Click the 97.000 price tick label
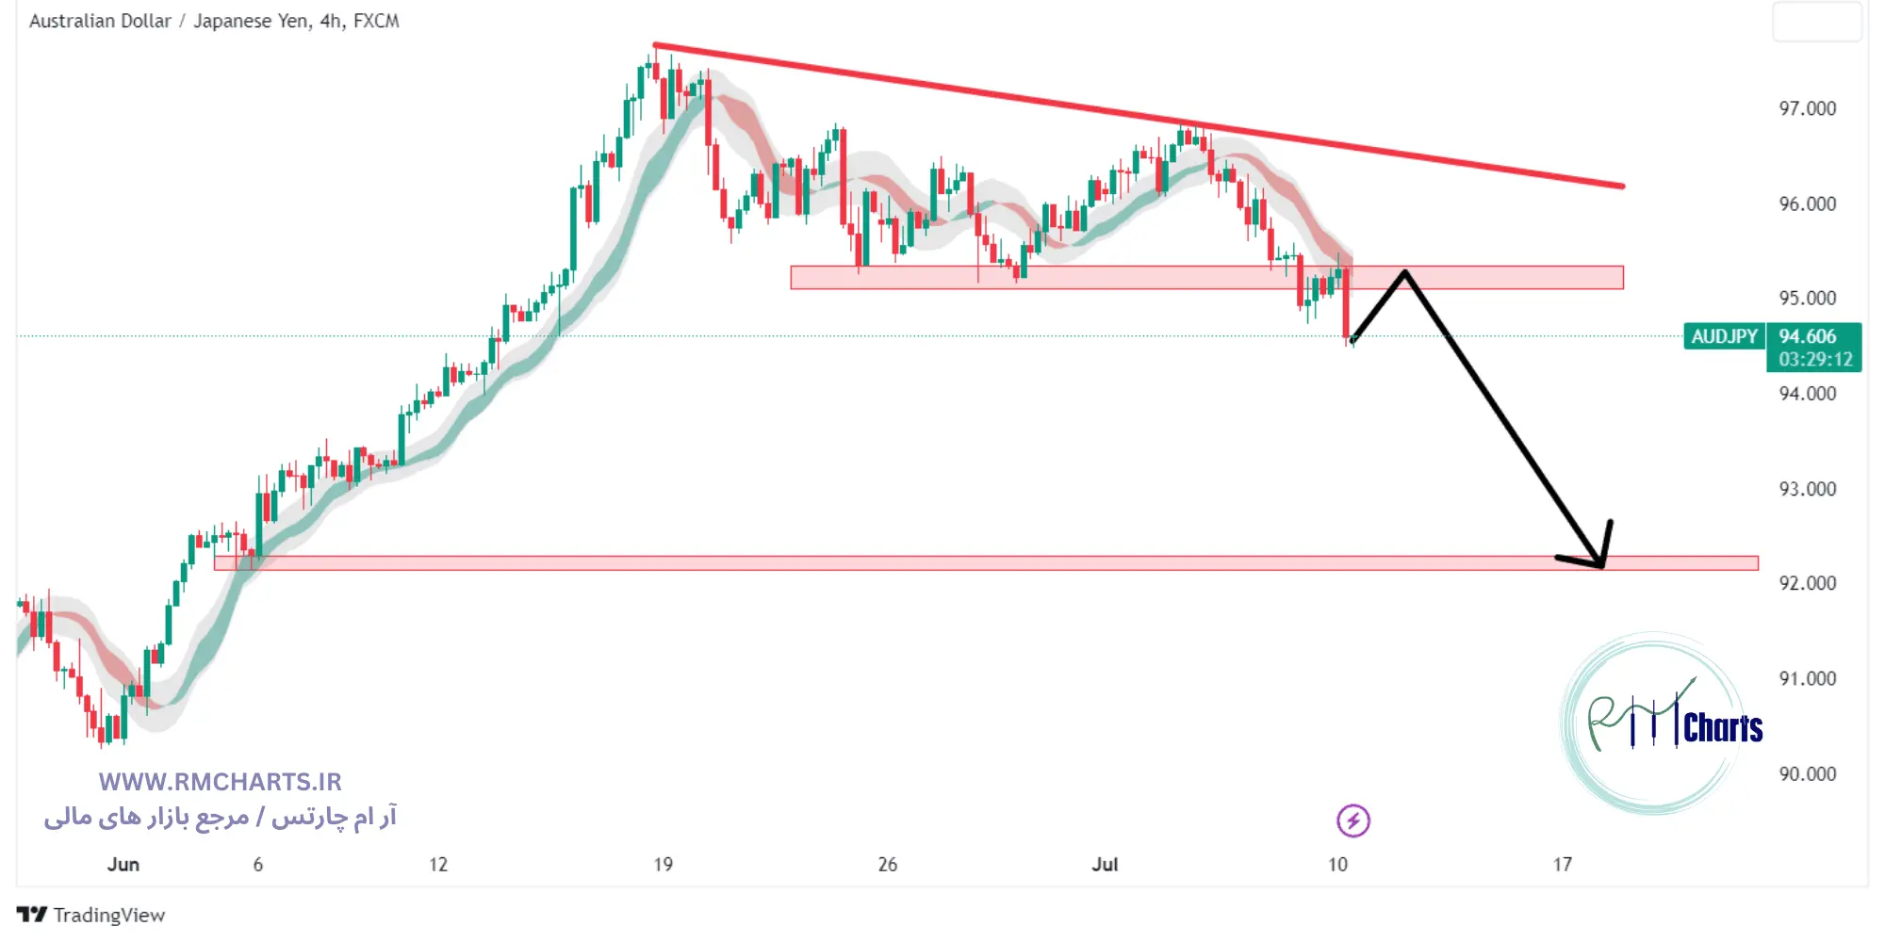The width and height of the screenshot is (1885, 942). pyautogui.click(x=1807, y=108)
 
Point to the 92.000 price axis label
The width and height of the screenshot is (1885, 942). pyautogui.click(x=1807, y=583)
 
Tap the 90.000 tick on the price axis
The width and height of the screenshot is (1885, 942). pyautogui.click(x=1807, y=774)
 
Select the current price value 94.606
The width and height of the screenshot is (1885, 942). pyautogui.click(x=1807, y=336)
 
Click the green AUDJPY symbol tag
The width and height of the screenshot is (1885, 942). pyautogui.click(x=1724, y=336)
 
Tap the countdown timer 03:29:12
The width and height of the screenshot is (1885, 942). pyautogui.click(x=1815, y=359)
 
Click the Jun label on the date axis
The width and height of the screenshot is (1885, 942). pyautogui.click(x=123, y=865)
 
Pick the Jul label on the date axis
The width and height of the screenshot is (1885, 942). pyautogui.click(x=1105, y=865)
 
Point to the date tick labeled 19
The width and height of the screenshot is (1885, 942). pyautogui.click(x=664, y=865)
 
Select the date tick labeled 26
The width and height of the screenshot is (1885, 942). pyautogui.click(x=887, y=865)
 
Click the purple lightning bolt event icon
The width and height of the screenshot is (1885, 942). pyautogui.click(x=1352, y=820)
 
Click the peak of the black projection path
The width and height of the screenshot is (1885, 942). pyautogui.click(x=1404, y=273)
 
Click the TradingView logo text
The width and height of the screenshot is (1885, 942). pyautogui.click(x=108, y=915)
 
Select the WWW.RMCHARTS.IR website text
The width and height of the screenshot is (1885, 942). pyautogui.click(x=221, y=782)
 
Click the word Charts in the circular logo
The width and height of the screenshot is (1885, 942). pyautogui.click(x=1722, y=728)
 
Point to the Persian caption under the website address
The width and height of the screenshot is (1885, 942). pyautogui.click(x=221, y=817)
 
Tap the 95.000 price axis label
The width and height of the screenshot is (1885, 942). pyautogui.click(x=1807, y=299)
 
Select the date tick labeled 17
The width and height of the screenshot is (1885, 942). pyautogui.click(x=1563, y=865)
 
